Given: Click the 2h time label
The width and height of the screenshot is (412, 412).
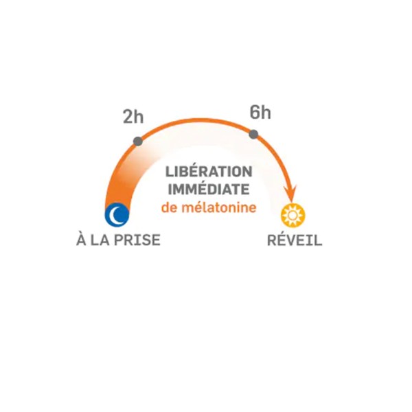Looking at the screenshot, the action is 133,117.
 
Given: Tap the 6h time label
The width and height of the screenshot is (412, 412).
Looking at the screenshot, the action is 260,112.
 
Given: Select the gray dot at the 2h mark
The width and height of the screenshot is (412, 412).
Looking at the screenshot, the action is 138,141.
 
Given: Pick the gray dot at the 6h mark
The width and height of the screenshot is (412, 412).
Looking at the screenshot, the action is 253,135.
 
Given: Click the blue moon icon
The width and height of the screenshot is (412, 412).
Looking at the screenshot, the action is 117,214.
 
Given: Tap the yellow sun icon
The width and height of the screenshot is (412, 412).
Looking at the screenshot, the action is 293,216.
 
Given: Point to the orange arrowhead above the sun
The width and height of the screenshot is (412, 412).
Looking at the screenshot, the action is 291,194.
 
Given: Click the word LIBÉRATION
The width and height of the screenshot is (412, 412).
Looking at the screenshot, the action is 209,172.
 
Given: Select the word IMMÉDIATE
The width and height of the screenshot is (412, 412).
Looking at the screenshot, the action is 209,190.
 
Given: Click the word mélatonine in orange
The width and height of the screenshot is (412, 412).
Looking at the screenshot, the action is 219,207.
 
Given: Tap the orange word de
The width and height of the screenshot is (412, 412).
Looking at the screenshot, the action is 170,207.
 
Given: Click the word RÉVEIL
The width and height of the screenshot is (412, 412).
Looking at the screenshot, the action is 295,239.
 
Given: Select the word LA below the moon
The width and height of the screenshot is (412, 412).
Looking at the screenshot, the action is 100,240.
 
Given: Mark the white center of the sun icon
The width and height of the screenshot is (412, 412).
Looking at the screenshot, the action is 293,216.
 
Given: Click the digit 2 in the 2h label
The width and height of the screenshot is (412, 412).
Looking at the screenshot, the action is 128,117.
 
